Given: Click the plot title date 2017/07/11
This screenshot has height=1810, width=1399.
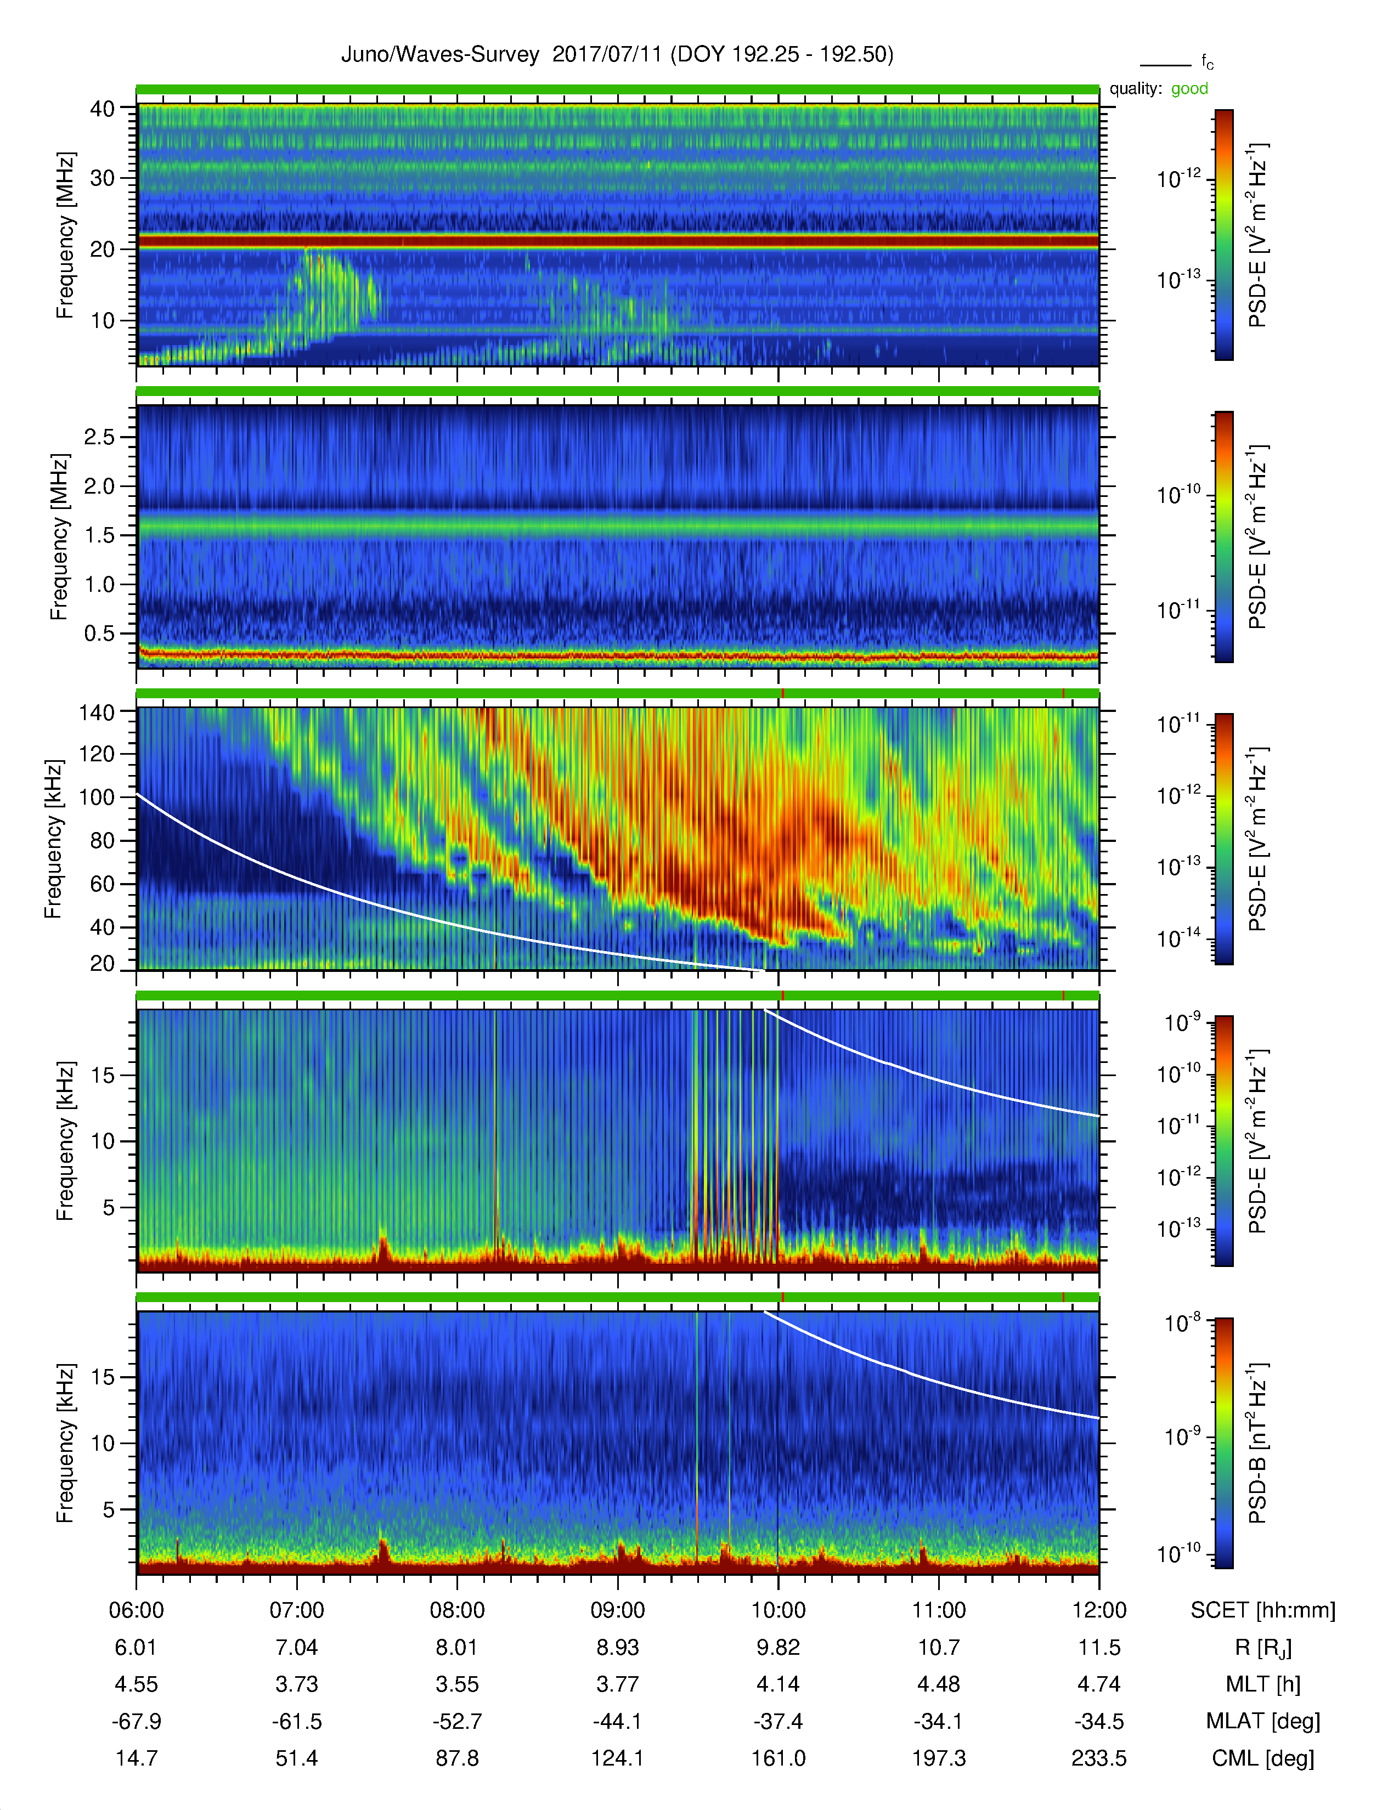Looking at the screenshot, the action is [607, 55].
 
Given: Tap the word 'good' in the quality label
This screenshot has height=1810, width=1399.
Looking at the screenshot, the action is [1189, 89].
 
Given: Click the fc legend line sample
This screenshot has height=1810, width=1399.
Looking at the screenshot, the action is [1165, 65].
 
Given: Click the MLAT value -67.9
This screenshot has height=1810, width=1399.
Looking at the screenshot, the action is [136, 1721].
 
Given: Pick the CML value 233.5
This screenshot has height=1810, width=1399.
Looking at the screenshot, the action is [1099, 1758].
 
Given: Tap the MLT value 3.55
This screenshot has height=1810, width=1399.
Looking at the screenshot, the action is [458, 1684].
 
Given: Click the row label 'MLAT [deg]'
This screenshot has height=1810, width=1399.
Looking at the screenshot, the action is [1263, 1721].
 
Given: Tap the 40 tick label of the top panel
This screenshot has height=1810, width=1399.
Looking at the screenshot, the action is [103, 109].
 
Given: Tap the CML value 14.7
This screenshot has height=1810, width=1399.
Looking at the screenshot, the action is [136, 1758].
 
